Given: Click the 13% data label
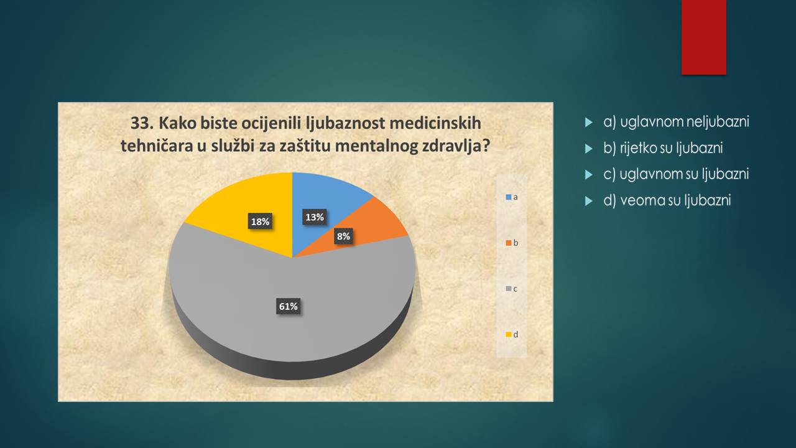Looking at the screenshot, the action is click(x=315, y=217).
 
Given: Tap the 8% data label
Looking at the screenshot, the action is click(x=344, y=236).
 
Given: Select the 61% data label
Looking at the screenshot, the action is click(x=288, y=306).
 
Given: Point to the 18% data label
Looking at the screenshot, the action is click(x=260, y=222).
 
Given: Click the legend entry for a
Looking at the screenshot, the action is click(x=512, y=197).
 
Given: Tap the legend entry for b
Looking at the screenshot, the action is click(x=512, y=243).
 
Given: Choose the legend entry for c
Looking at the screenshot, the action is click(x=512, y=289).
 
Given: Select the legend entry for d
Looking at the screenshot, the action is click(x=512, y=335).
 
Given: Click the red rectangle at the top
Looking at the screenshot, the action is click(x=703, y=37).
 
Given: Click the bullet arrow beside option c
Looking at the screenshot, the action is click(x=589, y=175).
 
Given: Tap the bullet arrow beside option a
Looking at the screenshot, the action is click(x=589, y=123).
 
